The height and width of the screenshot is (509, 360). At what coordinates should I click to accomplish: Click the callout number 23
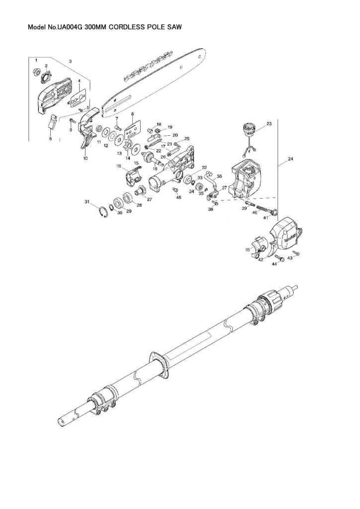[x=269, y=123]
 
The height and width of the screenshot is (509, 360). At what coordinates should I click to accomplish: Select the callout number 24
[x=290, y=161]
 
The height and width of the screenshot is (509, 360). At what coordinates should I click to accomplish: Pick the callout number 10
[x=85, y=158]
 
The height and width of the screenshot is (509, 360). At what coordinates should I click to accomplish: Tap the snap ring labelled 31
[x=102, y=213]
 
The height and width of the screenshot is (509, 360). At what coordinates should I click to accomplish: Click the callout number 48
[x=179, y=197]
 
